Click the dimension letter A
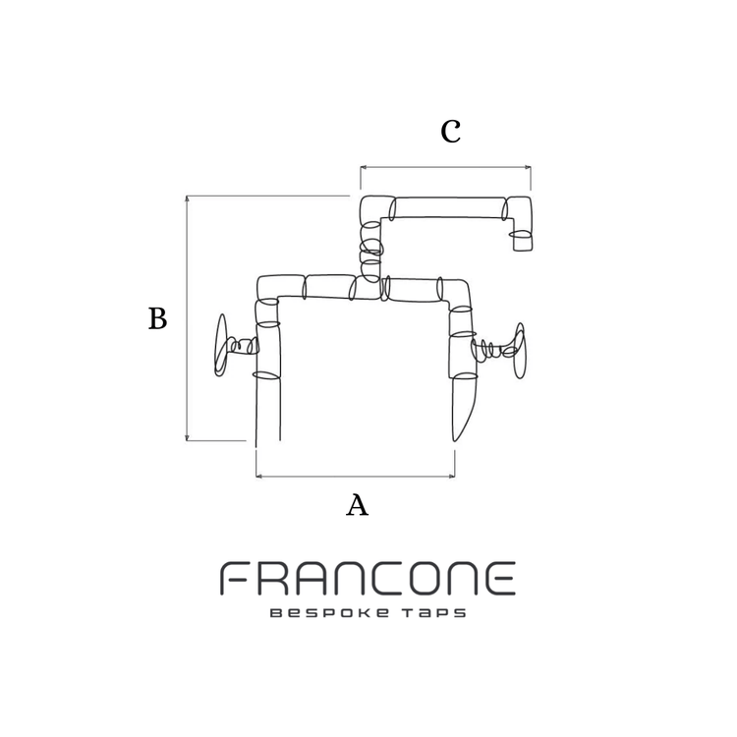pyautogui.click(x=358, y=506)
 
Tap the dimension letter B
pyautogui.click(x=158, y=318)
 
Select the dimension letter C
pyautogui.click(x=451, y=131)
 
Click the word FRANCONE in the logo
pyautogui.click(x=368, y=579)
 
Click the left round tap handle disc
pyautogui.click(x=221, y=345)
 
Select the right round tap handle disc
pyautogui.click(x=520, y=351)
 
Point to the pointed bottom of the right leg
pyautogui.click(x=455, y=440)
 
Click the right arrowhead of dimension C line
pyautogui.click(x=529, y=167)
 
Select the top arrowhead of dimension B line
pyautogui.click(x=187, y=198)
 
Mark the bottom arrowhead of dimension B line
pyautogui.click(x=187, y=437)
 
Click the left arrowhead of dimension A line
pyautogui.click(x=259, y=477)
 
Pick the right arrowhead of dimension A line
pyautogui.click(x=452, y=477)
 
